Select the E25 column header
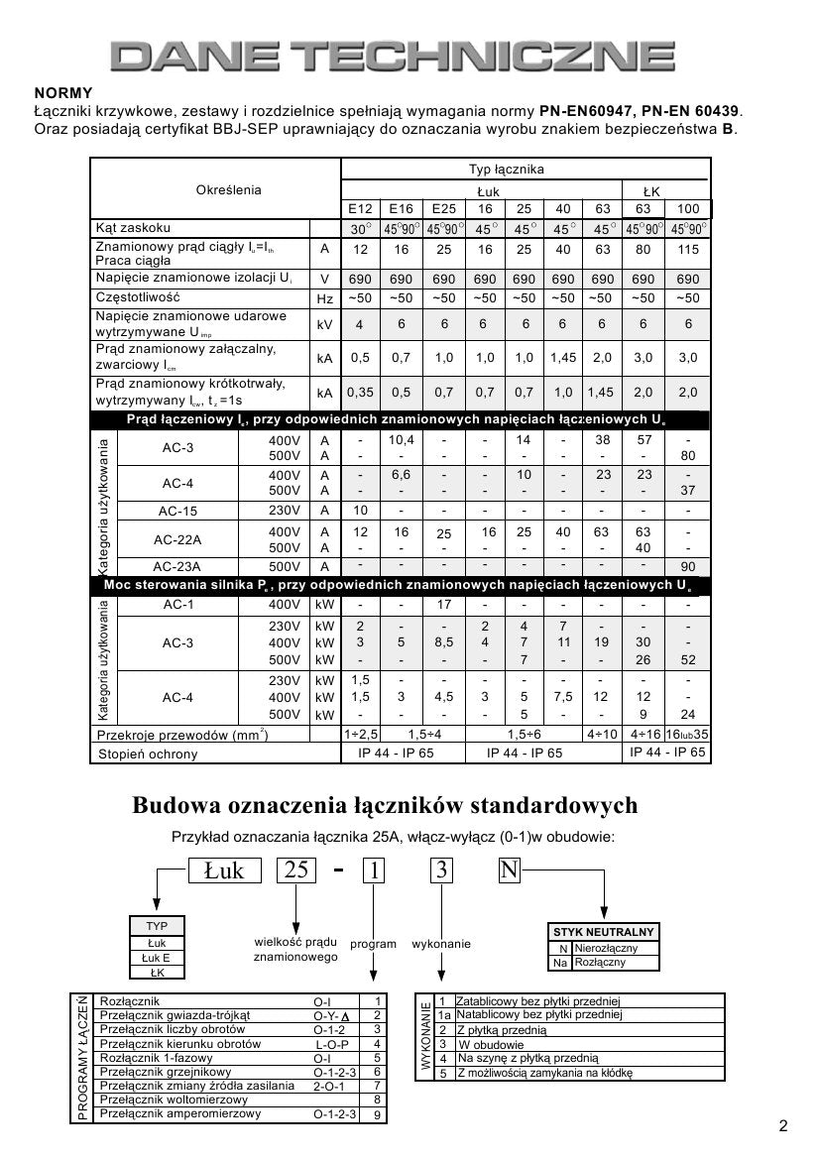coord(443,209)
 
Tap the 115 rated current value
coord(686,250)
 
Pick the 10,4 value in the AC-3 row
coord(401,439)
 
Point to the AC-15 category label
coord(178,511)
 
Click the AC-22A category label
coord(178,540)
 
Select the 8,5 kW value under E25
coord(443,642)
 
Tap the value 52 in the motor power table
coord(686,660)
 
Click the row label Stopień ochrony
coord(147,753)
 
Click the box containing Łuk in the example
coord(224,870)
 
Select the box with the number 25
coord(296,870)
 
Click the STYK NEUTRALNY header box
coord(603,932)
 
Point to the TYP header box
coord(157,926)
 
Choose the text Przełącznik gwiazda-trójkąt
coord(175,1015)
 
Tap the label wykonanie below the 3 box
coord(441,945)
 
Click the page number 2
coord(783,1125)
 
